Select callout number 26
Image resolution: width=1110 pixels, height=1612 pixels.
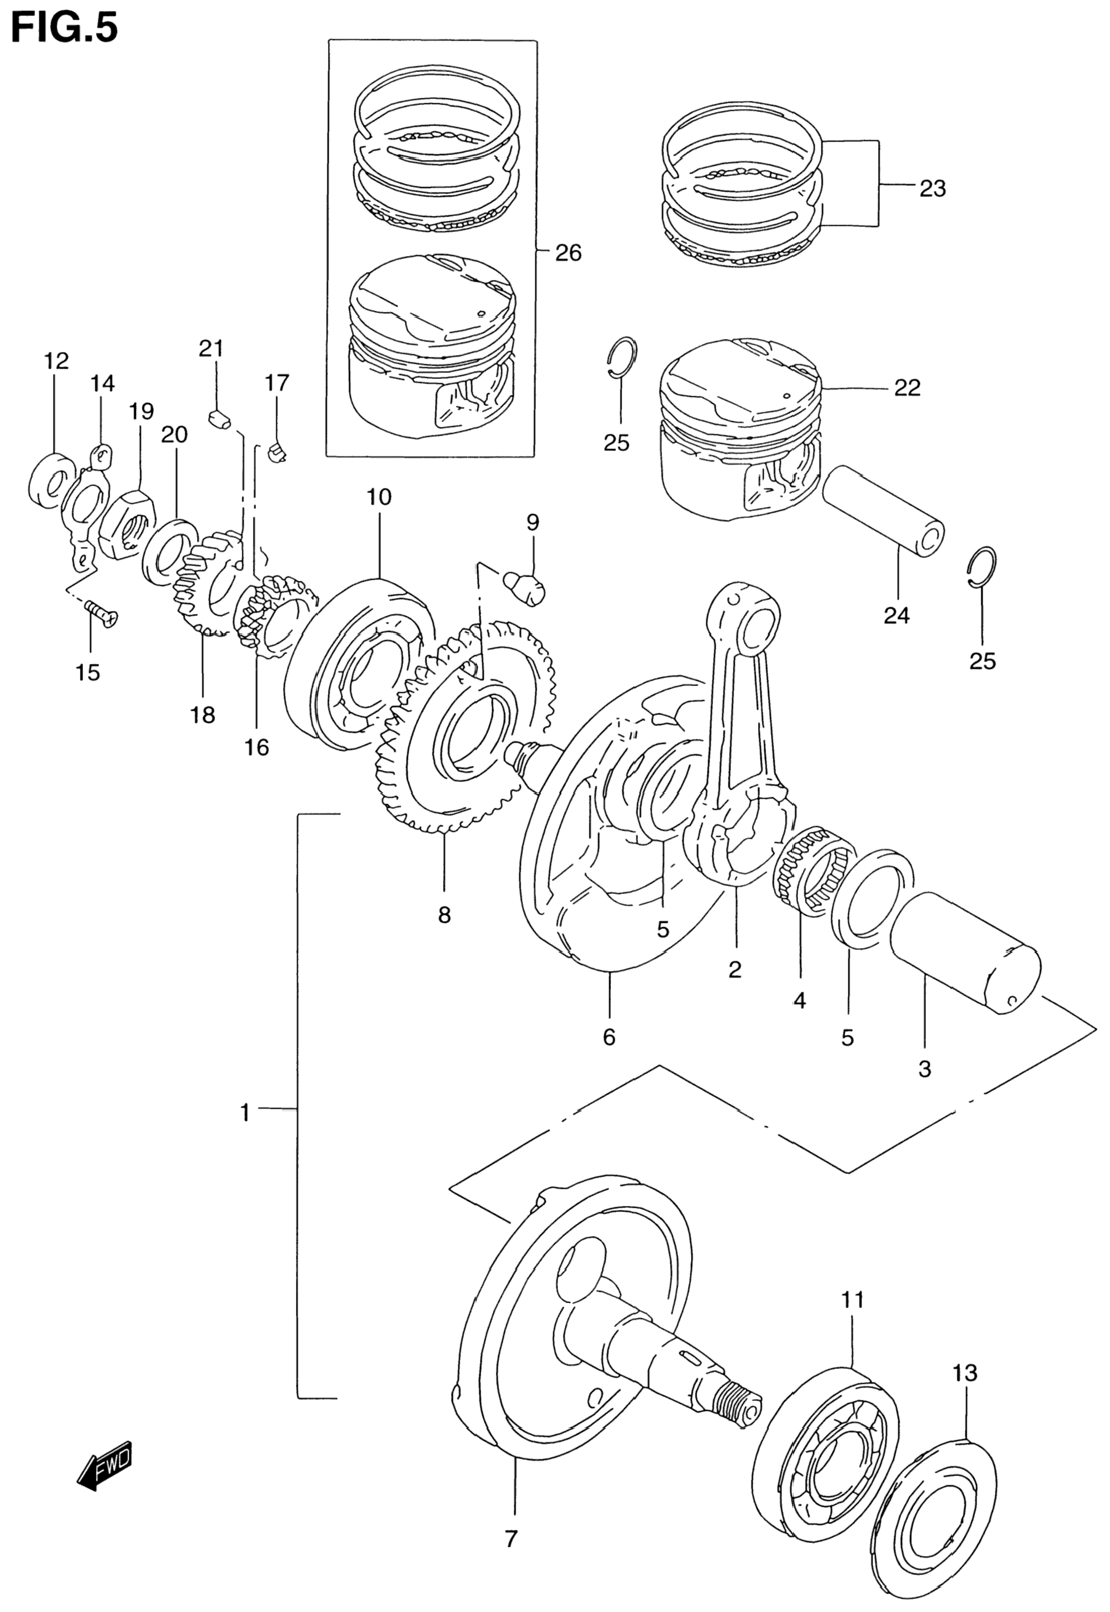pos(568,253)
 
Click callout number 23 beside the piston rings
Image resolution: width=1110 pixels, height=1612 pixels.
pos(933,188)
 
